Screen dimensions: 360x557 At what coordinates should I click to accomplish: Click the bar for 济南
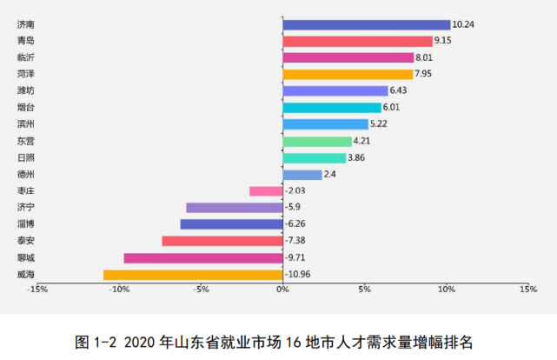coord(367,24)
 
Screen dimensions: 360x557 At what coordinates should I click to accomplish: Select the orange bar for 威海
coord(193,275)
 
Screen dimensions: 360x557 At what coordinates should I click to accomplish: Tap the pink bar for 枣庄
coord(266,191)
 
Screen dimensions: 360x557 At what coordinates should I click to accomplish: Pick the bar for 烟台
coord(332,108)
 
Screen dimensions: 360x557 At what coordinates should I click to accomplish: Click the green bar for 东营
coord(317,141)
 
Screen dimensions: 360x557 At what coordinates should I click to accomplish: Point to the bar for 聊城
coord(203,258)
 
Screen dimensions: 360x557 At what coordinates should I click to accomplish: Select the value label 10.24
coord(464,24)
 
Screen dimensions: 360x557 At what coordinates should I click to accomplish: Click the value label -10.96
coord(299,275)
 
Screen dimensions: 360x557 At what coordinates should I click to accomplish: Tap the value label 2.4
coord(330,175)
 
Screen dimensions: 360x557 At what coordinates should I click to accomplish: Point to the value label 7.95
coord(423,74)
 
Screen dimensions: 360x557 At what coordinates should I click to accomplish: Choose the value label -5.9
coord(294,208)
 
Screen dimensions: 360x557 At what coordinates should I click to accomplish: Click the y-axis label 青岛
coord(26,41)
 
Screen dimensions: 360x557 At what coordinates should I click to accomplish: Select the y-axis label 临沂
coord(26,57)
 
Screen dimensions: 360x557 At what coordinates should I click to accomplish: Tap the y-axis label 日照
coord(26,157)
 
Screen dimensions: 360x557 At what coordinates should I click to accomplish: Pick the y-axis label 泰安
coord(26,241)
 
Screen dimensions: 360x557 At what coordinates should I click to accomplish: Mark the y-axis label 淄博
coord(26,224)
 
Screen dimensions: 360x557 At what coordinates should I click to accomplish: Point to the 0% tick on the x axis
coord(282,289)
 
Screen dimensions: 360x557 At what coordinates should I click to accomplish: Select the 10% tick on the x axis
coord(446,289)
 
